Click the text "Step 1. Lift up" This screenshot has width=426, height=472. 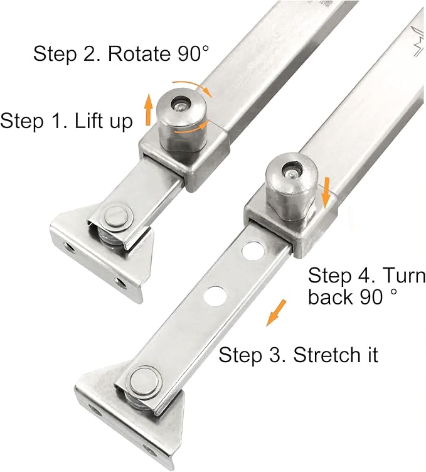67,121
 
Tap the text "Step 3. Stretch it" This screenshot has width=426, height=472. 298,355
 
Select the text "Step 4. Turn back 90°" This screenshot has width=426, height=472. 366,286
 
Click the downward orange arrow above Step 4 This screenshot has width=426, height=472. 326,193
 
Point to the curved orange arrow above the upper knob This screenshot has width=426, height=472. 194,86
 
